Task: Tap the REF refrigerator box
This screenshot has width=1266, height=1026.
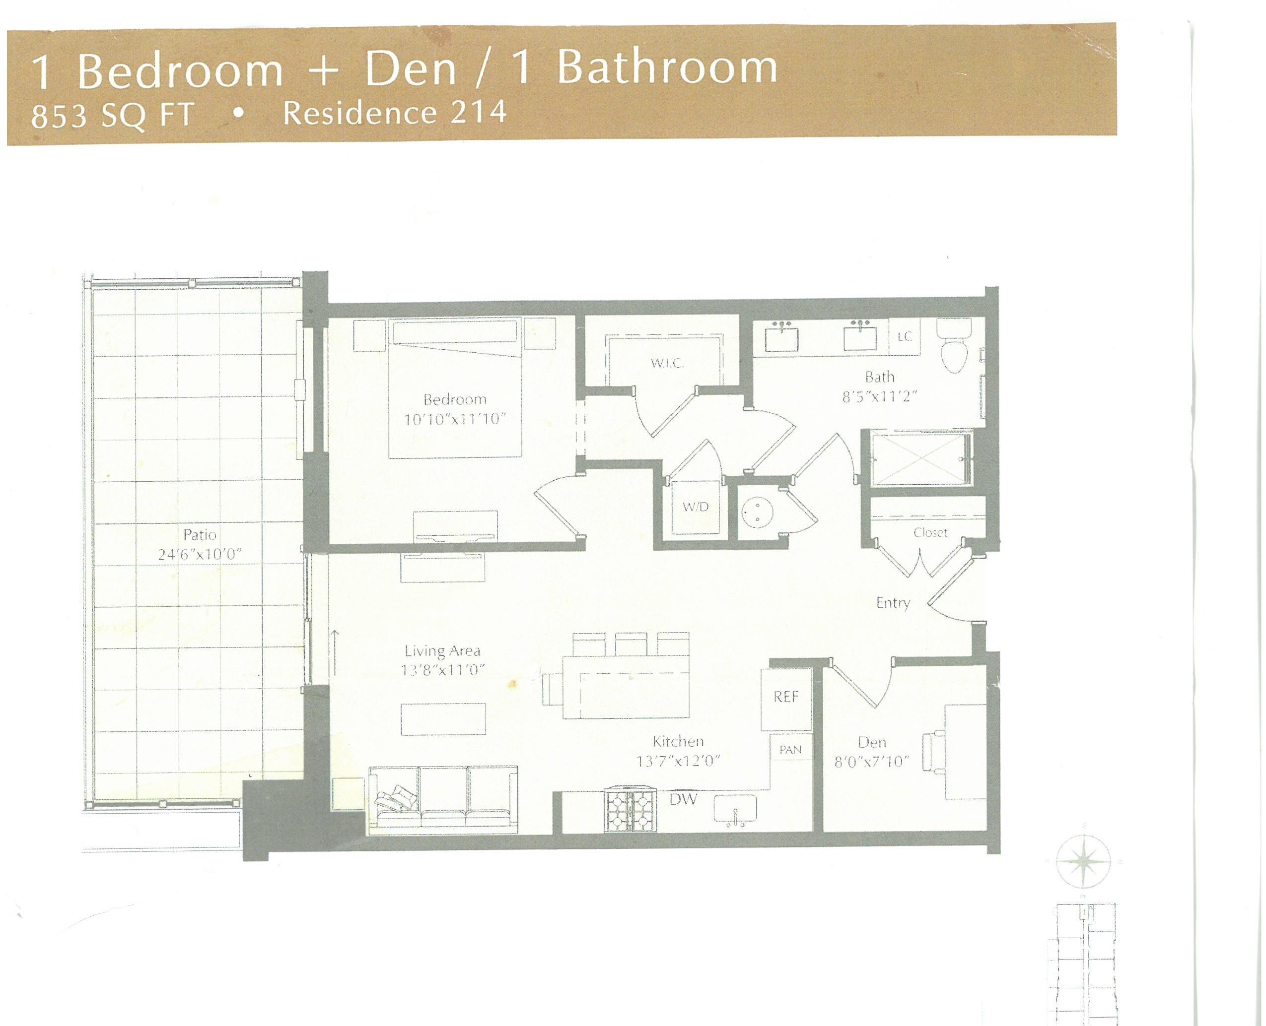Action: pyautogui.click(x=786, y=698)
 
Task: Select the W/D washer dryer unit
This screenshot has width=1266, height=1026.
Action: pyautogui.click(x=696, y=507)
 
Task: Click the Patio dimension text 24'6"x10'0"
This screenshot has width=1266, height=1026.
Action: pyautogui.click(x=201, y=555)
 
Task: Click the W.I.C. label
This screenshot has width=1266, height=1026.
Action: pyautogui.click(x=667, y=364)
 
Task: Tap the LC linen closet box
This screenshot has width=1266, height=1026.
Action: pyautogui.click(x=905, y=337)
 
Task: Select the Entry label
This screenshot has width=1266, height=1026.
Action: pyautogui.click(x=893, y=603)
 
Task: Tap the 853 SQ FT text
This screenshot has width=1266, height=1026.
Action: pyautogui.click(x=112, y=117)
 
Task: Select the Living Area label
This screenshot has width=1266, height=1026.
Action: pyautogui.click(x=442, y=651)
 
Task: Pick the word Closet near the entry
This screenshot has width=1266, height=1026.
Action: pyautogui.click(x=930, y=532)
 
